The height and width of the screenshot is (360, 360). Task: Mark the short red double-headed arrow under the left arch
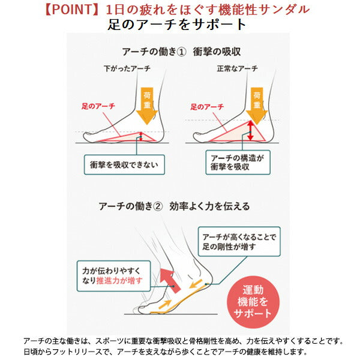click(140, 136)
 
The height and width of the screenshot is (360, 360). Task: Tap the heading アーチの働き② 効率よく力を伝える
click(175, 206)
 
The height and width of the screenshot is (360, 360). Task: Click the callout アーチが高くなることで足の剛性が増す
click(239, 241)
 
